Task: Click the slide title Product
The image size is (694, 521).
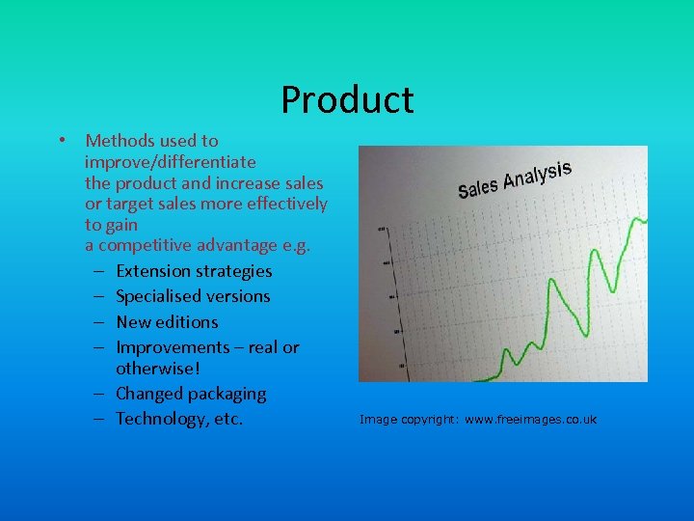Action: coord(347,99)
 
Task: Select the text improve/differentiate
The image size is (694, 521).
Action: coord(170,162)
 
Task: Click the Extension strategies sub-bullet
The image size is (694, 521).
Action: coord(194,271)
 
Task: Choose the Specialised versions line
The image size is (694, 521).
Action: coord(193,296)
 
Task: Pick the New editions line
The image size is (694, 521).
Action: coord(167,322)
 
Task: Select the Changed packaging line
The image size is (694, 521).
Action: coord(191,394)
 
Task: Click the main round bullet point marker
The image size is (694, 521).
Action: coord(61,141)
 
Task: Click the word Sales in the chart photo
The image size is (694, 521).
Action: coord(477,186)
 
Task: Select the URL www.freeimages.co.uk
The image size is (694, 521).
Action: coord(530,420)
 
